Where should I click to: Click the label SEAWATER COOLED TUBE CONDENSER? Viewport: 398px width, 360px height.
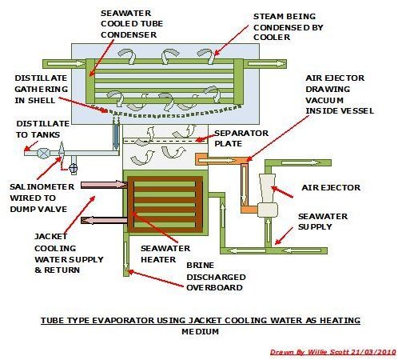pyautogui.click(x=132, y=24)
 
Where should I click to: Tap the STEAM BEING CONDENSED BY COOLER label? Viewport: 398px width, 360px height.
pyautogui.click(x=289, y=27)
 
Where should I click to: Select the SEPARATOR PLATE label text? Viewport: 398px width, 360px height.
pyautogui.click(x=241, y=138)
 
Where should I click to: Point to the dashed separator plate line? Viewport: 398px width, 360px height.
pyautogui.click(x=165, y=141)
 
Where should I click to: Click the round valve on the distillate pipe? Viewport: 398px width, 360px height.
pyautogui.click(x=43, y=154)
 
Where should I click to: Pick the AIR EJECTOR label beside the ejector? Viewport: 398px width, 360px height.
pyautogui.click(x=331, y=187)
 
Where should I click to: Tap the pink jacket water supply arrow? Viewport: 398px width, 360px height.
pyautogui.click(x=104, y=185)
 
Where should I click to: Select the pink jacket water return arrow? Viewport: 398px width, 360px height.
pyautogui.click(x=104, y=220)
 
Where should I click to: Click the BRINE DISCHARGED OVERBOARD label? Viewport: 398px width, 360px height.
pyautogui.click(x=216, y=277)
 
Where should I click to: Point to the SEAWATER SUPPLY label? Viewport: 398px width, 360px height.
pyautogui.click(x=323, y=222)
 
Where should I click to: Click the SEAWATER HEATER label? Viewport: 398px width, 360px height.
pyautogui.click(x=165, y=254)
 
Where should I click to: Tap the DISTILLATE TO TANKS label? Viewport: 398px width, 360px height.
pyautogui.click(x=42, y=129)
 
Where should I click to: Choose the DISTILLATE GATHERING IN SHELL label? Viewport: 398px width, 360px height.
pyautogui.click(x=42, y=89)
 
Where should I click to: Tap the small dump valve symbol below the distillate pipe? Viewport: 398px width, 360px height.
pyautogui.click(x=73, y=168)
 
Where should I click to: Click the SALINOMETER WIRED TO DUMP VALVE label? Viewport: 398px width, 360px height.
pyautogui.click(x=42, y=198)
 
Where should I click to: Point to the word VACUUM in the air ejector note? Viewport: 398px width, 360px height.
pyautogui.click(x=324, y=100)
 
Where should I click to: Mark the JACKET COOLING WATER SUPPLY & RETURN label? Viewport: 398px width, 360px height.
pyautogui.click(x=69, y=254)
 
